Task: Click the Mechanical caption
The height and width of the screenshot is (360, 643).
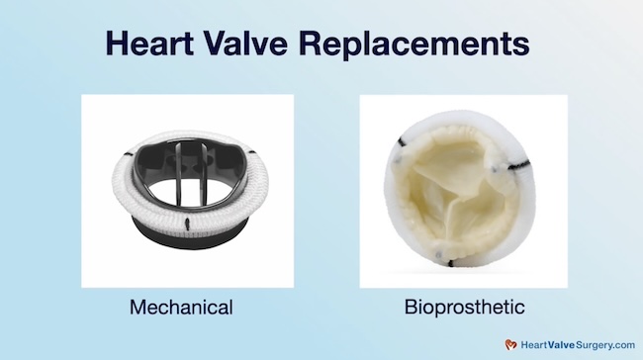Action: click(x=181, y=308)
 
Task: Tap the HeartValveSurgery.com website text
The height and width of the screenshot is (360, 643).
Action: click(x=574, y=344)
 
